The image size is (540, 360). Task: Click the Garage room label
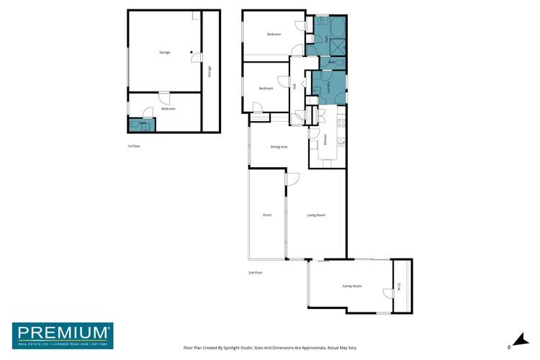pyautogui.click(x=164, y=53)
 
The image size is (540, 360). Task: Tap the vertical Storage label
pyautogui.click(x=210, y=71)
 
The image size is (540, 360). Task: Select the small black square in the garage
pyautogui.click(x=191, y=52)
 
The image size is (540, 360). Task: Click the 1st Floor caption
pyautogui.click(x=133, y=146)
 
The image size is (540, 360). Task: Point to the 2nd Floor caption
pyautogui.click(x=255, y=273)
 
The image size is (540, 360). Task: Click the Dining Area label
pyautogui.click(x=279, y=147)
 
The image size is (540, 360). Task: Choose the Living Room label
pyautogui.click(x=316, y=215)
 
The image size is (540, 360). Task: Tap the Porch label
pyautogui.click(x=266, y=215)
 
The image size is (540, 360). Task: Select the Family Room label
pyautogui.click(x=351, y=287)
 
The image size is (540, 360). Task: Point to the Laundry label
pyautogui.click(x=329, y=87)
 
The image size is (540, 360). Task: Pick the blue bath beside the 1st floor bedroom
pyautogui.click(x=141, y=125)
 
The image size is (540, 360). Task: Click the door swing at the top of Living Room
pyautogui.click(x=292, y=179)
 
